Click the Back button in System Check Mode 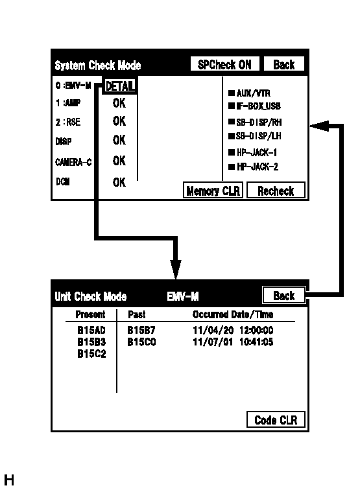[283, 64]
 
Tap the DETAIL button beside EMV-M [120, 86]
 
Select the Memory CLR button [213, 191]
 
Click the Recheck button [276, 191]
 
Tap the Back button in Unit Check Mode [283, 296]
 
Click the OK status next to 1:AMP [119, 103]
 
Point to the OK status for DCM [119, 182]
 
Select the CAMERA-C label [73, 162]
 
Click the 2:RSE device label [68, 122]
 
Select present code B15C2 [91, 354]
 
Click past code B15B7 [141, 331]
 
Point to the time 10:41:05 [256, 342]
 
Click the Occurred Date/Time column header [233, 314]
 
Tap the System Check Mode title [98, 65]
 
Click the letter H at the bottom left [9, 480]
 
